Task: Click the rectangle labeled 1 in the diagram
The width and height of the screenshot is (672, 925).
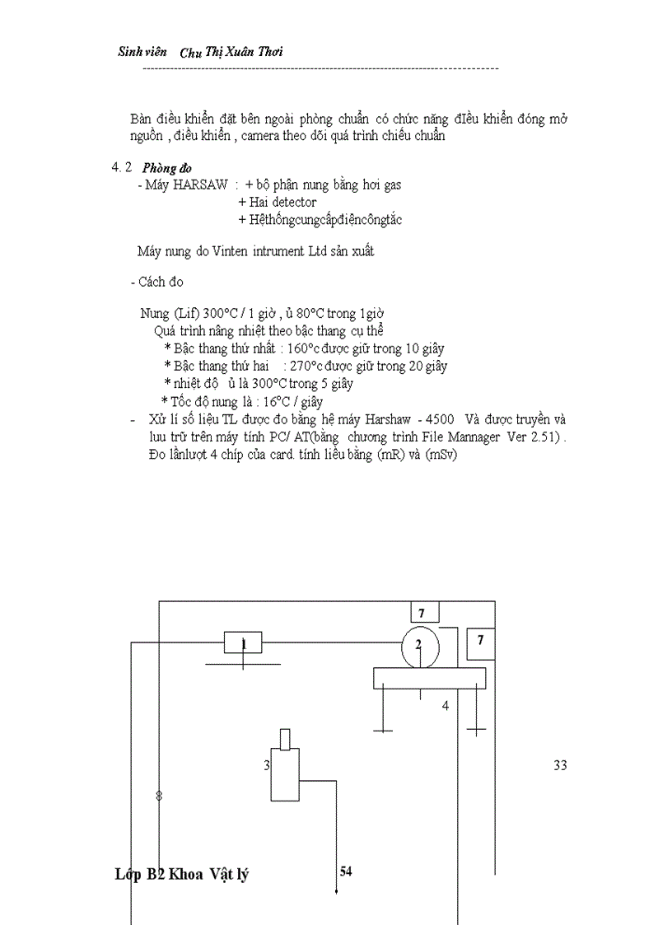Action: [243, 642]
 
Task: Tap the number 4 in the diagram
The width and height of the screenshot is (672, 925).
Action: [446, 706]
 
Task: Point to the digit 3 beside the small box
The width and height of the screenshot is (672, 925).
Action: [266, 765]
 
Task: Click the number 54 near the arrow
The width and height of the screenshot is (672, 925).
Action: [346, 871]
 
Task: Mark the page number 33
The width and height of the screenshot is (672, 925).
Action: [560, 765]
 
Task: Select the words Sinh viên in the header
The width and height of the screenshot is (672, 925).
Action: [142, 52]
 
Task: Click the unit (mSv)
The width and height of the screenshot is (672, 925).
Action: [441, 455]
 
